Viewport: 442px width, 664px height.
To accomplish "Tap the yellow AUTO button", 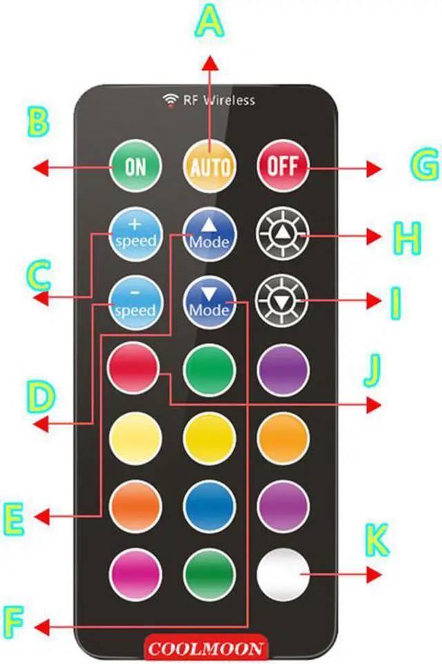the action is coord(209,167).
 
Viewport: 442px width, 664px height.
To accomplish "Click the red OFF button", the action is coord(282,167).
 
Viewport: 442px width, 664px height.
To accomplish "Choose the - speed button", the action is coord(135,303).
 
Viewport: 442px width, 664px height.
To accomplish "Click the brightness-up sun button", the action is coord(282,235).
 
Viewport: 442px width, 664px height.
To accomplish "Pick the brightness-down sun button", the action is coord(282,302).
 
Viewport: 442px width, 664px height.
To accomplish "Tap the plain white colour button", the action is coord(282,574).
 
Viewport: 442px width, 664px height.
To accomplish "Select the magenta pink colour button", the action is coord(135,574).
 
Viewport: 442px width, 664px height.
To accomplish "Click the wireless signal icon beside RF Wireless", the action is coord(170,101).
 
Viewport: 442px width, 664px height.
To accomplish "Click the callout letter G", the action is coord(422,166).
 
